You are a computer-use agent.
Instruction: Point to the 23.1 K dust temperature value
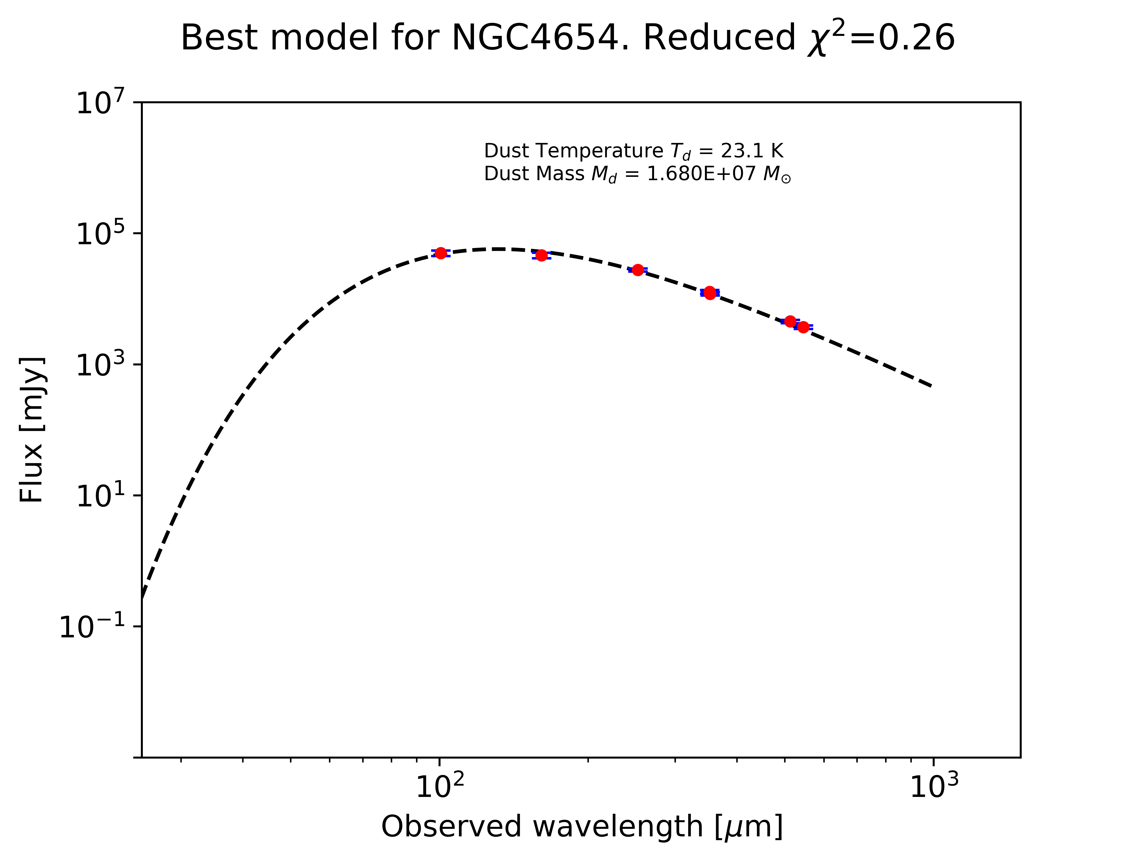pos(752,151)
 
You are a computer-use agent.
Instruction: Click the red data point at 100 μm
pos(440,253)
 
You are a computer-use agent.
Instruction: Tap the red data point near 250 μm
pos(638,270)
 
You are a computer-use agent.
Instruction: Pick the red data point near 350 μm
pos(709,293)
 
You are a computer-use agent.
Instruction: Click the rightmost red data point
pos(803,327)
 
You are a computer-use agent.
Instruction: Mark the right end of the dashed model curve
pos(931,386)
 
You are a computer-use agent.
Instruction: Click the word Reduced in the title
pos(719,38)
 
